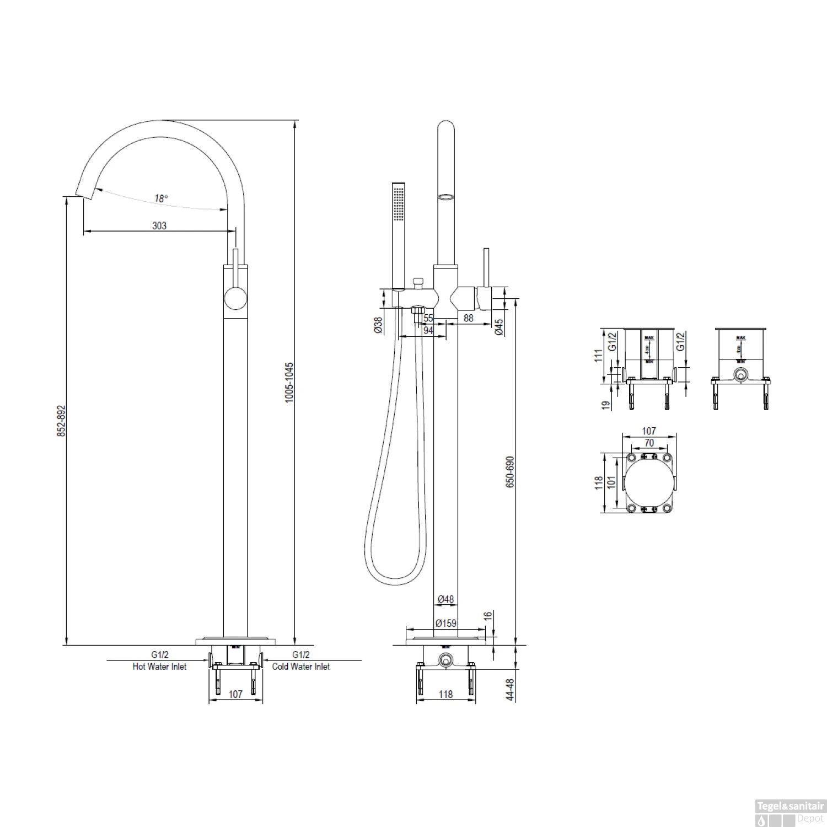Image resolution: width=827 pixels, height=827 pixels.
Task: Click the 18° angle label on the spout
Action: coord(160,198)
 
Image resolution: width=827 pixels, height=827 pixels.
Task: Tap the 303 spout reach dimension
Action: coord(159,225)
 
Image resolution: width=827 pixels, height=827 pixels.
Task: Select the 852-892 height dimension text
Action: coord(61,421)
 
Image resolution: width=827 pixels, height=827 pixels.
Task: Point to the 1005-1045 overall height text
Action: coord(289,382)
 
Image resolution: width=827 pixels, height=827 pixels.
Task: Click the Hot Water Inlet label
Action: coord(159,667)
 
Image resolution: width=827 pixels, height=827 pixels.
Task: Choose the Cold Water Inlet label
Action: coord(301,667)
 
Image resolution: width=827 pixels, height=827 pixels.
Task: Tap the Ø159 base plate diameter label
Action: coord(445,624)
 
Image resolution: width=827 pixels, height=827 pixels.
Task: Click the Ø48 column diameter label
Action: coord(445,599)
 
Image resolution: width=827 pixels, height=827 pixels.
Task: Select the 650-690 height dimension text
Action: coord(510,471)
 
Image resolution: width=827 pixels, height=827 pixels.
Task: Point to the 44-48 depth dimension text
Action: coord(510,689)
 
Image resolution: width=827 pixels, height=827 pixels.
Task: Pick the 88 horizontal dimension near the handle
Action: coord(469,318)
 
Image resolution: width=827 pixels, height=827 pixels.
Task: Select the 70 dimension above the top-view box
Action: coord(649,443)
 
